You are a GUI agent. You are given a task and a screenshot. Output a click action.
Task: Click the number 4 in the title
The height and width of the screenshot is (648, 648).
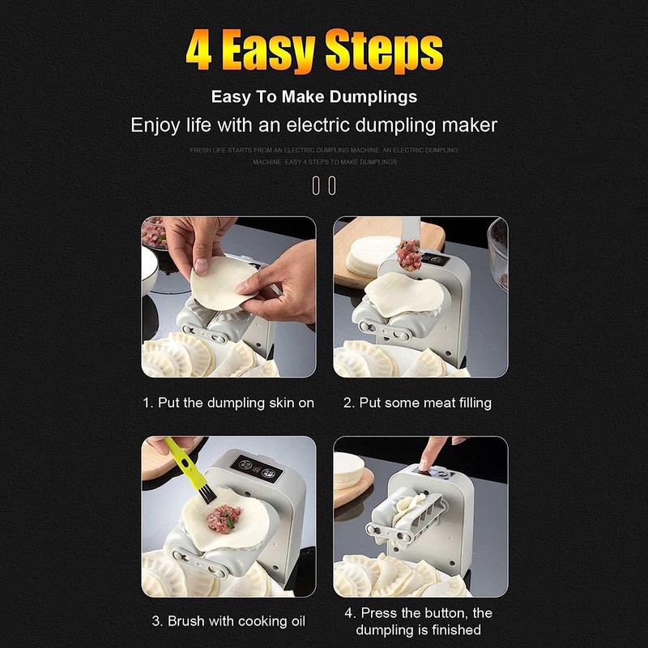click(199, 50)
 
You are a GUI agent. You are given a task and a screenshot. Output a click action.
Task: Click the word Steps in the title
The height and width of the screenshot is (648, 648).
click(387, 50)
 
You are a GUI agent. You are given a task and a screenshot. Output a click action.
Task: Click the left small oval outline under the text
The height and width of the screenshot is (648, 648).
click(316, 185)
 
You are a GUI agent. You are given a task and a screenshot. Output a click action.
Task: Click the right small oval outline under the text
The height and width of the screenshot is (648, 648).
click(331, 185)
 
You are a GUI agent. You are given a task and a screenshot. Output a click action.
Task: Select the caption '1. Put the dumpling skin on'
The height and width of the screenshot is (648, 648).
click(228, 403)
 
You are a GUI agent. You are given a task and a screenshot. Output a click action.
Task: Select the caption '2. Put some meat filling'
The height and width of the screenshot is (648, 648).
click(417, 403)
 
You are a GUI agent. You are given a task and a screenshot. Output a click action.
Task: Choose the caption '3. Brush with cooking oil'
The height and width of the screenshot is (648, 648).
click(228, 621)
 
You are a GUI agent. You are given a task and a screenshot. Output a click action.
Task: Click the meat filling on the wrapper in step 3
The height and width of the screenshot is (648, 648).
click(224, 516)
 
